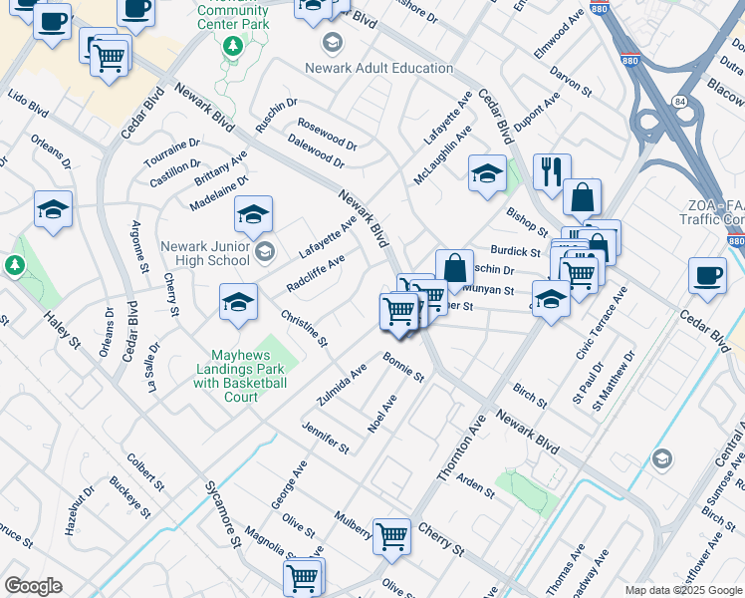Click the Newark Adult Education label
pos(379,68)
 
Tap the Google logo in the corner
pos(32,586)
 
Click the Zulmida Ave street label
pos(342,385)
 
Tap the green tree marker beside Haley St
pos(14,265)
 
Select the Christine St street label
pos(304,328)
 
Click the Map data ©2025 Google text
pos(683,589)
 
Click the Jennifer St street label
pos(327,437)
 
